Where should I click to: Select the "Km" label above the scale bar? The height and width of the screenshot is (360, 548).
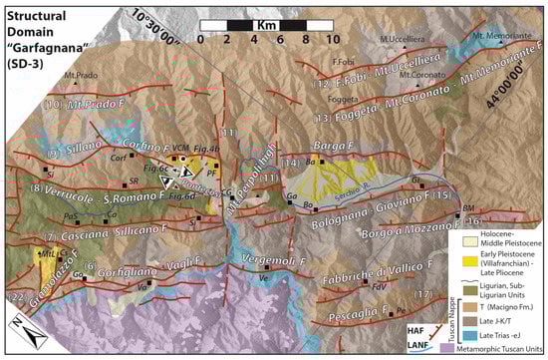[x=268, y=21]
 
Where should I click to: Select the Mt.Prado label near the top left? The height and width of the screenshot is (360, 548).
[x=78, y=75]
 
